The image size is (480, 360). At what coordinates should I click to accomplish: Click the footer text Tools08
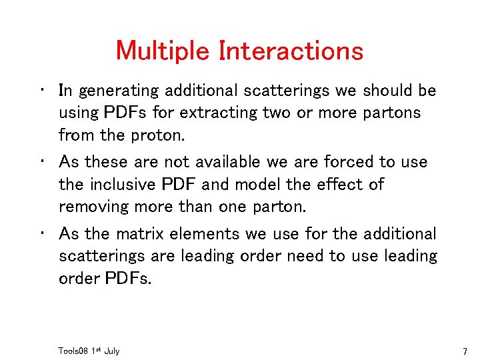(73, 351)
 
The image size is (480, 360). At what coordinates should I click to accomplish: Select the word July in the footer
(111, 351)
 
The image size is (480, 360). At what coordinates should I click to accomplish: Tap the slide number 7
(466, 351)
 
